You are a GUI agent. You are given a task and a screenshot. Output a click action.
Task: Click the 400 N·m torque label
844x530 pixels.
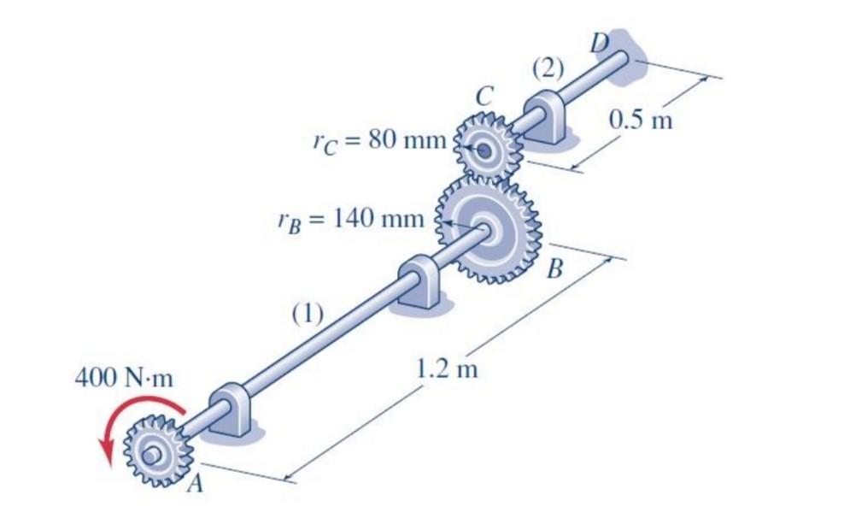pyautogui.click(x=124, y=378)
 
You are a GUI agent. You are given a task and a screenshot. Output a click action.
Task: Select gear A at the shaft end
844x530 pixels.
pyautogui.click(x=157, y=450)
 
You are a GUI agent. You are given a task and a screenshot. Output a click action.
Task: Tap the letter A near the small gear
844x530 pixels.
pyautogui.click(x=196, y=485)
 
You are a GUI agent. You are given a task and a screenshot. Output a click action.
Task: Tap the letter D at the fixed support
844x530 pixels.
pyautogui.click(x=601, y=39)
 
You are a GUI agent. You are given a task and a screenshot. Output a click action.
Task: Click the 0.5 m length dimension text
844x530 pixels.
pyautogui.click(x=641, y=119)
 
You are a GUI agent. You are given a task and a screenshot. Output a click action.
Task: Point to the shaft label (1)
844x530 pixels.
pyautogui.click(x=307, y=314)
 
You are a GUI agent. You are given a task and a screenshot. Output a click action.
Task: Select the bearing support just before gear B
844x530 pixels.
pyautogui.click(x=420, y=281)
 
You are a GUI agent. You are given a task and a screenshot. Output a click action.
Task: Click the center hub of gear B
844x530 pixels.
pyautogui.click(x=491, y=229)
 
